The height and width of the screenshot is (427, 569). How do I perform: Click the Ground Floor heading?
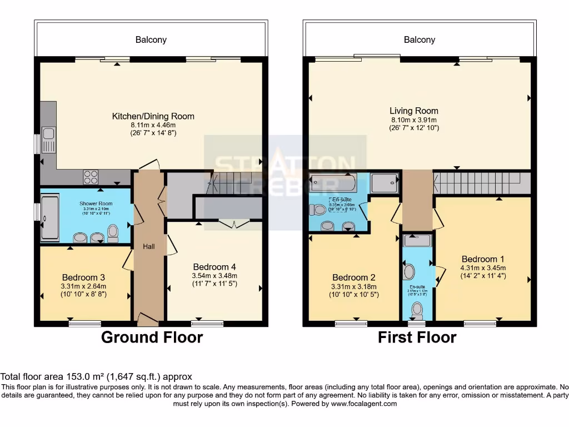(x=152, y=337)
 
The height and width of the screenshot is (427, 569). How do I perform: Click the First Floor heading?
(x=417, y=337)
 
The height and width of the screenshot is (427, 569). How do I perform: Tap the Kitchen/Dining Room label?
(x=153, y=116)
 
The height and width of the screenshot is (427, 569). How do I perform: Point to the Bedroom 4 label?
(x=214, y=266)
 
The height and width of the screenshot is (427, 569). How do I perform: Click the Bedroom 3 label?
(x=84, y=277)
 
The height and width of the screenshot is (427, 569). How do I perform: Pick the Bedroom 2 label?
(x=354, y=277)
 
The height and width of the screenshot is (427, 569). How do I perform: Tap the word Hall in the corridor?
(x=148, y=246)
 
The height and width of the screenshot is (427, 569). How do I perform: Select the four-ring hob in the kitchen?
(x=91, y=177)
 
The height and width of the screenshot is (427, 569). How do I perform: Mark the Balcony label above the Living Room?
(x=420, y=39)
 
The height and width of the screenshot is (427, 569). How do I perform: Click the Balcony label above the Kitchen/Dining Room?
(x=151, y=39)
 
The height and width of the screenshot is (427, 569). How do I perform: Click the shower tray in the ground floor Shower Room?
(x=49, y=217)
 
